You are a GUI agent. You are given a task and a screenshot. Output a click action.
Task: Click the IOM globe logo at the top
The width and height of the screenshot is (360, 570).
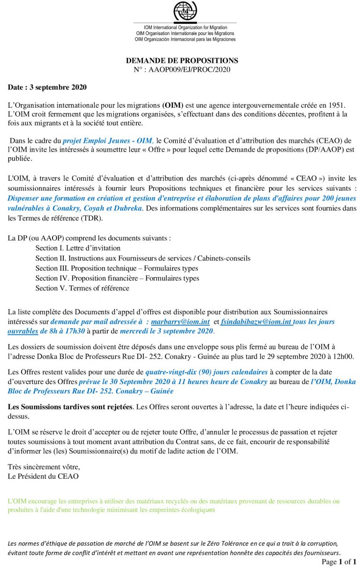[x=185, y=11]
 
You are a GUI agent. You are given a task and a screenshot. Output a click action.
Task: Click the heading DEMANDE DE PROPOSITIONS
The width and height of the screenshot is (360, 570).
[x=182, y=61]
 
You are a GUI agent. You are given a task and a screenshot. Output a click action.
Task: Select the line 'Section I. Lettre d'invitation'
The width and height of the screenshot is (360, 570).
[x=78, y=248]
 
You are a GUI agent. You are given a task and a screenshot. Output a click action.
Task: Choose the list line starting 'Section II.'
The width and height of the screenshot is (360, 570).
[x=142, y=258]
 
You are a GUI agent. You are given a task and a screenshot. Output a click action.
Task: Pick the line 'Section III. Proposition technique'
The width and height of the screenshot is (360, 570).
[x=116, y=268]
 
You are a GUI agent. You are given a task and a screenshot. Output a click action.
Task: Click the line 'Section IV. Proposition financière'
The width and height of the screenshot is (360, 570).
[x=117, y=278]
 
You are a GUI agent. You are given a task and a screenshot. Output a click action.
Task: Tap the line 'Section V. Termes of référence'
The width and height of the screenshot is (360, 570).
[x=82, y=288]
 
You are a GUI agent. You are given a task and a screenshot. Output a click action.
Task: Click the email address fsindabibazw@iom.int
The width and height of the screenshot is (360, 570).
[x=256, y=322]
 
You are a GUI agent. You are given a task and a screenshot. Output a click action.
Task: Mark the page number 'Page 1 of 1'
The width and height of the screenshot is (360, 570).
[x=339, y=562]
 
